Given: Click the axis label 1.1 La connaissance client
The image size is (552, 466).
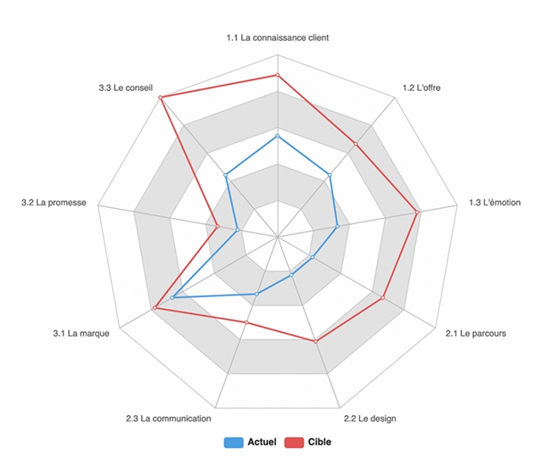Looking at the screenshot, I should (278, 38).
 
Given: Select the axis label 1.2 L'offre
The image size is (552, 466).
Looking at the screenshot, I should (421, 88).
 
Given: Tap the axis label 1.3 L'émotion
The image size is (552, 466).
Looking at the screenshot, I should (495, 203).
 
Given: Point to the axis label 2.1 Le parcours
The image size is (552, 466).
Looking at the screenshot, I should (476, 334).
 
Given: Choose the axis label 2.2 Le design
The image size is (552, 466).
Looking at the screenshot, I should (369, 418).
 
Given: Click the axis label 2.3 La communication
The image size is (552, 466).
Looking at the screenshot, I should (168, 418).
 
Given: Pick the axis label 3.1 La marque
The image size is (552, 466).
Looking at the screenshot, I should (82, 334).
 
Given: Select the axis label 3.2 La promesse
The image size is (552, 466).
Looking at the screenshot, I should (54, 203).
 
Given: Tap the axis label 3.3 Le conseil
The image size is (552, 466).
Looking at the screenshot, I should (127, 88).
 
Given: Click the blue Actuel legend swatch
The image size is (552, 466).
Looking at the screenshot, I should (233, 442).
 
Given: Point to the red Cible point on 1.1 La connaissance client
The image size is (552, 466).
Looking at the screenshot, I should (278, 76).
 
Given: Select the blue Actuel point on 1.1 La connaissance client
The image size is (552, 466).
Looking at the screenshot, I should (278, 136).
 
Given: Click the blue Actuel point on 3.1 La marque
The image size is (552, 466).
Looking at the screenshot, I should (172, 298).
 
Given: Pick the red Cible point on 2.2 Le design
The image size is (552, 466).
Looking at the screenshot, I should (315, 341).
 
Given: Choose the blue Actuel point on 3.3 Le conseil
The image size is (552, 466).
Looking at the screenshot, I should (226, 176).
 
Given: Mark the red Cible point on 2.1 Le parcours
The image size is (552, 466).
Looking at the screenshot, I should (383, 298).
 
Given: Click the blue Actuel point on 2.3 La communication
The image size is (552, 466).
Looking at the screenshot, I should (256, 294).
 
